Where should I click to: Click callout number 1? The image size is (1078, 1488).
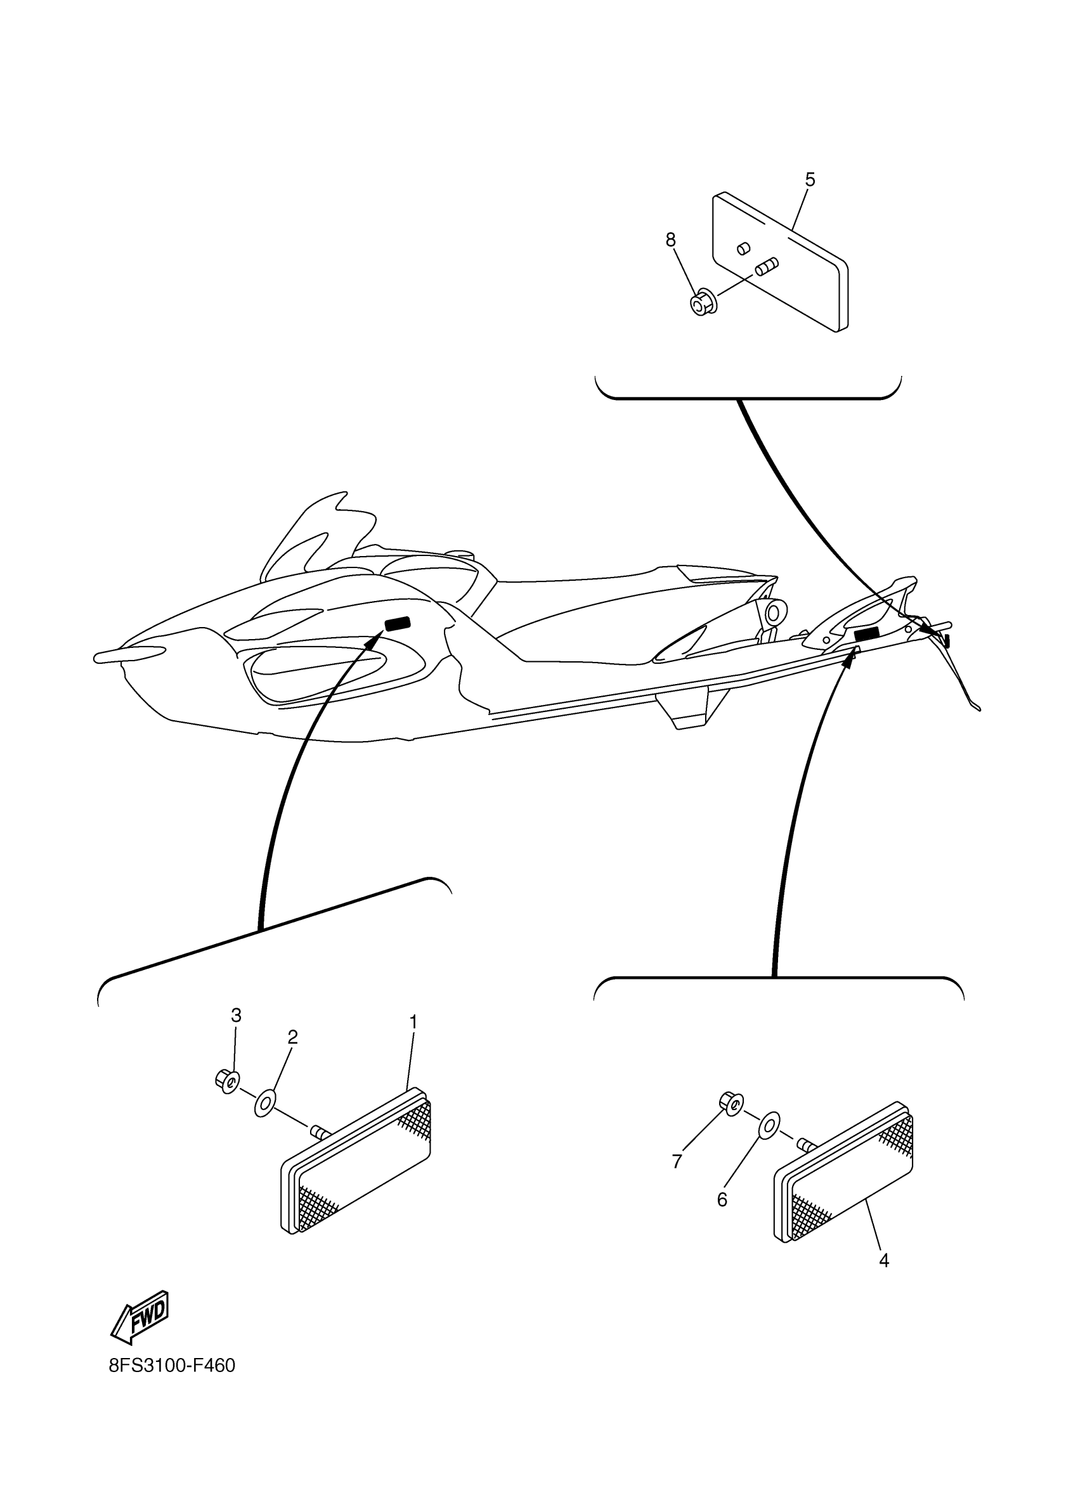click(413, 1022)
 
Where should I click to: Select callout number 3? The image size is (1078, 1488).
click(236, 1016)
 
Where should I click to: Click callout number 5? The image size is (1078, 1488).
click(810, 180)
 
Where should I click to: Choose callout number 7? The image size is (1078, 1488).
click(677, 1181)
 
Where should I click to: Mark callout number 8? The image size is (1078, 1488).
click(670, 240)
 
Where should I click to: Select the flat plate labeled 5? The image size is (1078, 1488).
click(781, 262)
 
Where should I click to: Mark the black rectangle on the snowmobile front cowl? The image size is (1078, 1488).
click(398, 623)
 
